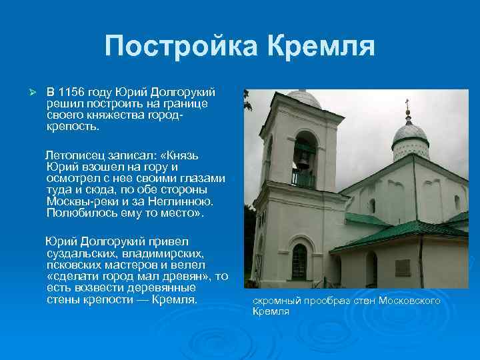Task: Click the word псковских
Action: point(74,265)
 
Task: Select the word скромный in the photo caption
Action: point(277,301)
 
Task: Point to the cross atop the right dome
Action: point(407,106)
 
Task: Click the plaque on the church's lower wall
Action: point(403,267)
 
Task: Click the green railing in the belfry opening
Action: point(305,179)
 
